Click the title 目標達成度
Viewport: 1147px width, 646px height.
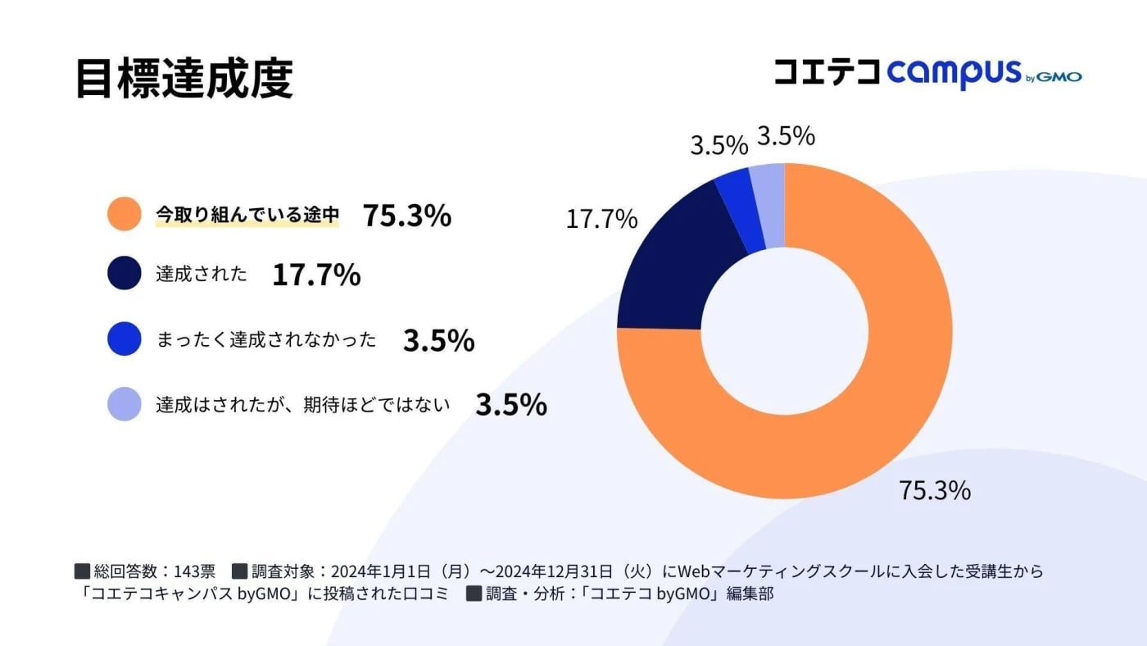click(184, 79)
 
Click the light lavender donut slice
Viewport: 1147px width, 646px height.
click(768, 205)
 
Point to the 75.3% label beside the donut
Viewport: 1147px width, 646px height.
click(935, 490)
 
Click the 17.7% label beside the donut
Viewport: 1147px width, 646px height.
click(601, 219)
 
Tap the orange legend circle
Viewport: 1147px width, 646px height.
click(125, 215)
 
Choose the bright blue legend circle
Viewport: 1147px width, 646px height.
click(125, 339)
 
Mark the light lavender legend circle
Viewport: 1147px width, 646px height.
click(125, 404)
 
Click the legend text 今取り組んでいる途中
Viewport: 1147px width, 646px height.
click(247, 215)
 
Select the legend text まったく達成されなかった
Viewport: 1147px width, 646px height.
click(266, 339)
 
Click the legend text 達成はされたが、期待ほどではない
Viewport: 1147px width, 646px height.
click(303, 404)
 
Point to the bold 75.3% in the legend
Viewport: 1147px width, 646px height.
click(407, 215)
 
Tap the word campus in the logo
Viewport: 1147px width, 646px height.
click(954, 73)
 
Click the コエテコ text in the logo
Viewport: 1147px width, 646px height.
click(827, 72)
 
